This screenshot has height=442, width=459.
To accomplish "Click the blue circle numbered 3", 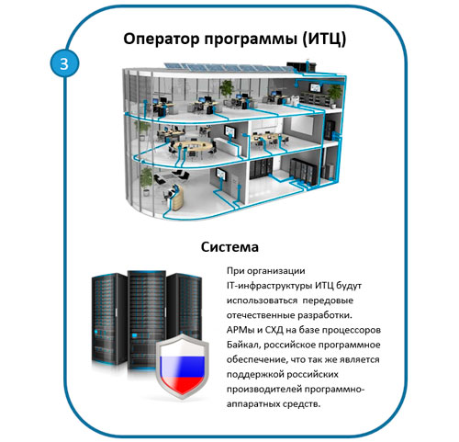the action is [64, 64].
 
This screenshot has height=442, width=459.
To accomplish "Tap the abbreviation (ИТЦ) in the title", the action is [324, 40].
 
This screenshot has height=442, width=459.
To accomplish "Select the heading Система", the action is [229, 247].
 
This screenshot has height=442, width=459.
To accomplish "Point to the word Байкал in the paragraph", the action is [243, 345].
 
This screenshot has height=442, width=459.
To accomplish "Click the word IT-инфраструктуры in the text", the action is [269, 286].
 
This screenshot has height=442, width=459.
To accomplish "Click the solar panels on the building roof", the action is [229, 68].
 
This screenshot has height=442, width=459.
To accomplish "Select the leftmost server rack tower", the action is [109, 319].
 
